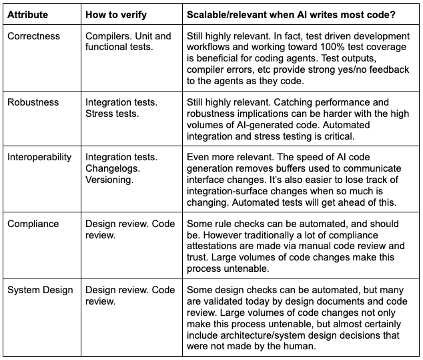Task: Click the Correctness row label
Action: click(33, 36)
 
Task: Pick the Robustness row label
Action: click(33, 102)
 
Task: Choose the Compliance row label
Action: click(33, 224)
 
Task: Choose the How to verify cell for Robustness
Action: click(121, 108)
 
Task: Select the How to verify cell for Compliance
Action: click(130, 229)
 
